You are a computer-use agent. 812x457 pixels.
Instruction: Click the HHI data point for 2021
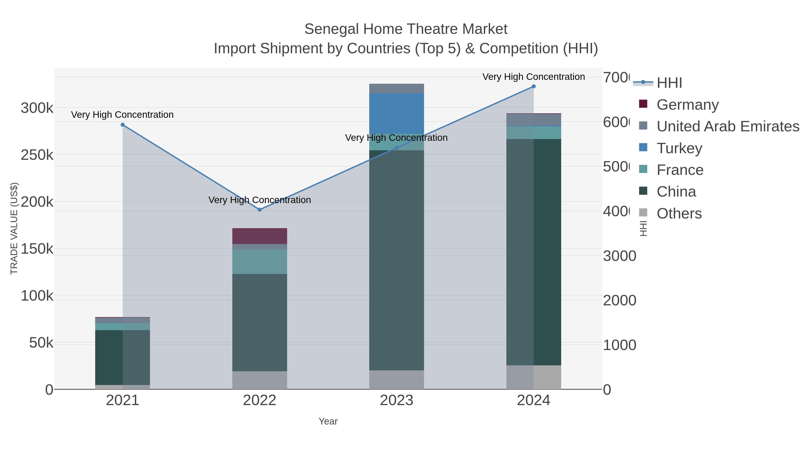pyautogui.click(x=123, y=125)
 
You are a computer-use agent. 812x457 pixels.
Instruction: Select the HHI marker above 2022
pyautogui.click(x=260, y=210)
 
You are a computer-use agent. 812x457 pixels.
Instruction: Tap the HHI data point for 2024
pyautogui.click(x=534, y=86)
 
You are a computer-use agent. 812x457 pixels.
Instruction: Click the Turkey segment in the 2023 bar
pyautogui.click(x=397, y=114)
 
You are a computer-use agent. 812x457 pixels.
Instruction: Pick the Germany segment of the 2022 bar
pyautogui.click(x=260, y=236)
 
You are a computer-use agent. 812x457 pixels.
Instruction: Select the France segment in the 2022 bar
pyautogui.click(x=260, y=262)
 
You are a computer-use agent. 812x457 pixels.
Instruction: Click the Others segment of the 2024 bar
pyautogui.click(x=534, y=377)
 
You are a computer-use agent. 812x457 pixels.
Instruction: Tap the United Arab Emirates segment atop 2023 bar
pyautogui.click(x=397, y=89)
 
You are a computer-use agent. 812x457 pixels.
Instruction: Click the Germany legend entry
pyautogui.click(x=687, y=105)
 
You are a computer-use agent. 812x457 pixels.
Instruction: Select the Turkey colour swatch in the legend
pyautogui.click(x=643, y=148)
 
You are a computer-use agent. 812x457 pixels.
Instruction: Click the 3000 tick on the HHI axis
pyautogui.click(x=619, y=256)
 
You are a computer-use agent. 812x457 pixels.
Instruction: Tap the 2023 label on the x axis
pyautogui.click(x=397, y=401)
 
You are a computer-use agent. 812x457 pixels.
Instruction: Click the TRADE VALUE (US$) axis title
pyautogui.click(x=14, y=228)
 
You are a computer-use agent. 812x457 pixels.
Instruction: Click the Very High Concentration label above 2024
pyautogui.click(x=534, y=77)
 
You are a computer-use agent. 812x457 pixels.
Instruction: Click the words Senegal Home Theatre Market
pyautogui.click(x=406, y=29)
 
